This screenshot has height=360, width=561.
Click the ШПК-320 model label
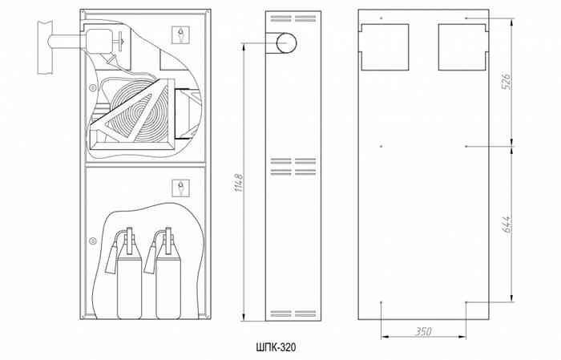[x=276, y=347]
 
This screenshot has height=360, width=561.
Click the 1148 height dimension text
[x=239, y=183]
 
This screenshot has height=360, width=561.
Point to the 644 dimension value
[x=507, y=224]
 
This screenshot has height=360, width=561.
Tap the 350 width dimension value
[x=423, y=331]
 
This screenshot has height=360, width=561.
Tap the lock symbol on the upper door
[x=180, y=34]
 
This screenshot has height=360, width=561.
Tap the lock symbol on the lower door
[x=180, y=188]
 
